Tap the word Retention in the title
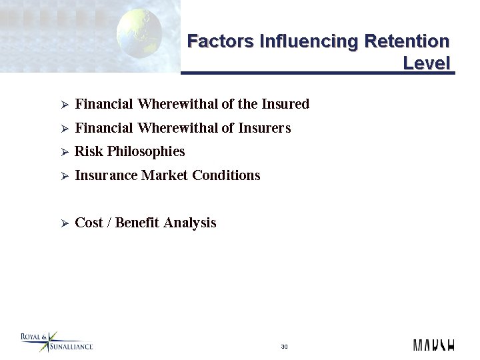pos(407,41)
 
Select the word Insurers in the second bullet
pos(265,128)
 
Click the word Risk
pos(87,152)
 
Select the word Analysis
pos(190,223)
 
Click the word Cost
pos(89,223)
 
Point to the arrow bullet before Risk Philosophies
pos(65,153)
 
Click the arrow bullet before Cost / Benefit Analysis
pos(65,223)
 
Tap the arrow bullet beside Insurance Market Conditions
pos(65,176)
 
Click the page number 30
pos(285,347)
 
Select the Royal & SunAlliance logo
pos(56,341)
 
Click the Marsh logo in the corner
pos(433,345)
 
